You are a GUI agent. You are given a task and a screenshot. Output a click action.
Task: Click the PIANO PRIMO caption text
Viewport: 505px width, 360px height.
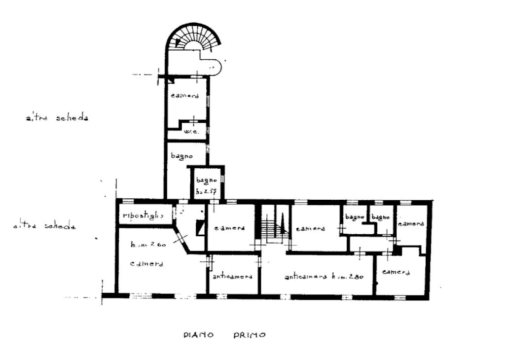coord(224,335)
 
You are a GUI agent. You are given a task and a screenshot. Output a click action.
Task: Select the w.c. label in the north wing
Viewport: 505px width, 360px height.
coord(190,133)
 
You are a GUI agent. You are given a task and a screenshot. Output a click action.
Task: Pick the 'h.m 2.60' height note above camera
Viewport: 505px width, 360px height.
coord(147,245)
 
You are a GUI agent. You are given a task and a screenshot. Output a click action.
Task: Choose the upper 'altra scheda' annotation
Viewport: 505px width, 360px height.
coord(57,119)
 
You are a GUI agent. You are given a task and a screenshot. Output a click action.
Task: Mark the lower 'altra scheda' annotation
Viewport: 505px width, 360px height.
coord(44,227)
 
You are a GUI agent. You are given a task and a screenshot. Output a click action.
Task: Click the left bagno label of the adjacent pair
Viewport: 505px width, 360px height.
coord(354,217)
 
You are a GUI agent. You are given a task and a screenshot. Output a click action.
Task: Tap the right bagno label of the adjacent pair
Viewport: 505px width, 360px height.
coord(380,217)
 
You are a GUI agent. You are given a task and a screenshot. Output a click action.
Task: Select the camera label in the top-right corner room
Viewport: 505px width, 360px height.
coord(411,223)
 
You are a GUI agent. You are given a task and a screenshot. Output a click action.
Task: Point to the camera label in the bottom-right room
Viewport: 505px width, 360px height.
coord(396,272)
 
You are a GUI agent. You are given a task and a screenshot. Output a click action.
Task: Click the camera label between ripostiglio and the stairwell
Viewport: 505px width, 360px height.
coord(230,228)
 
